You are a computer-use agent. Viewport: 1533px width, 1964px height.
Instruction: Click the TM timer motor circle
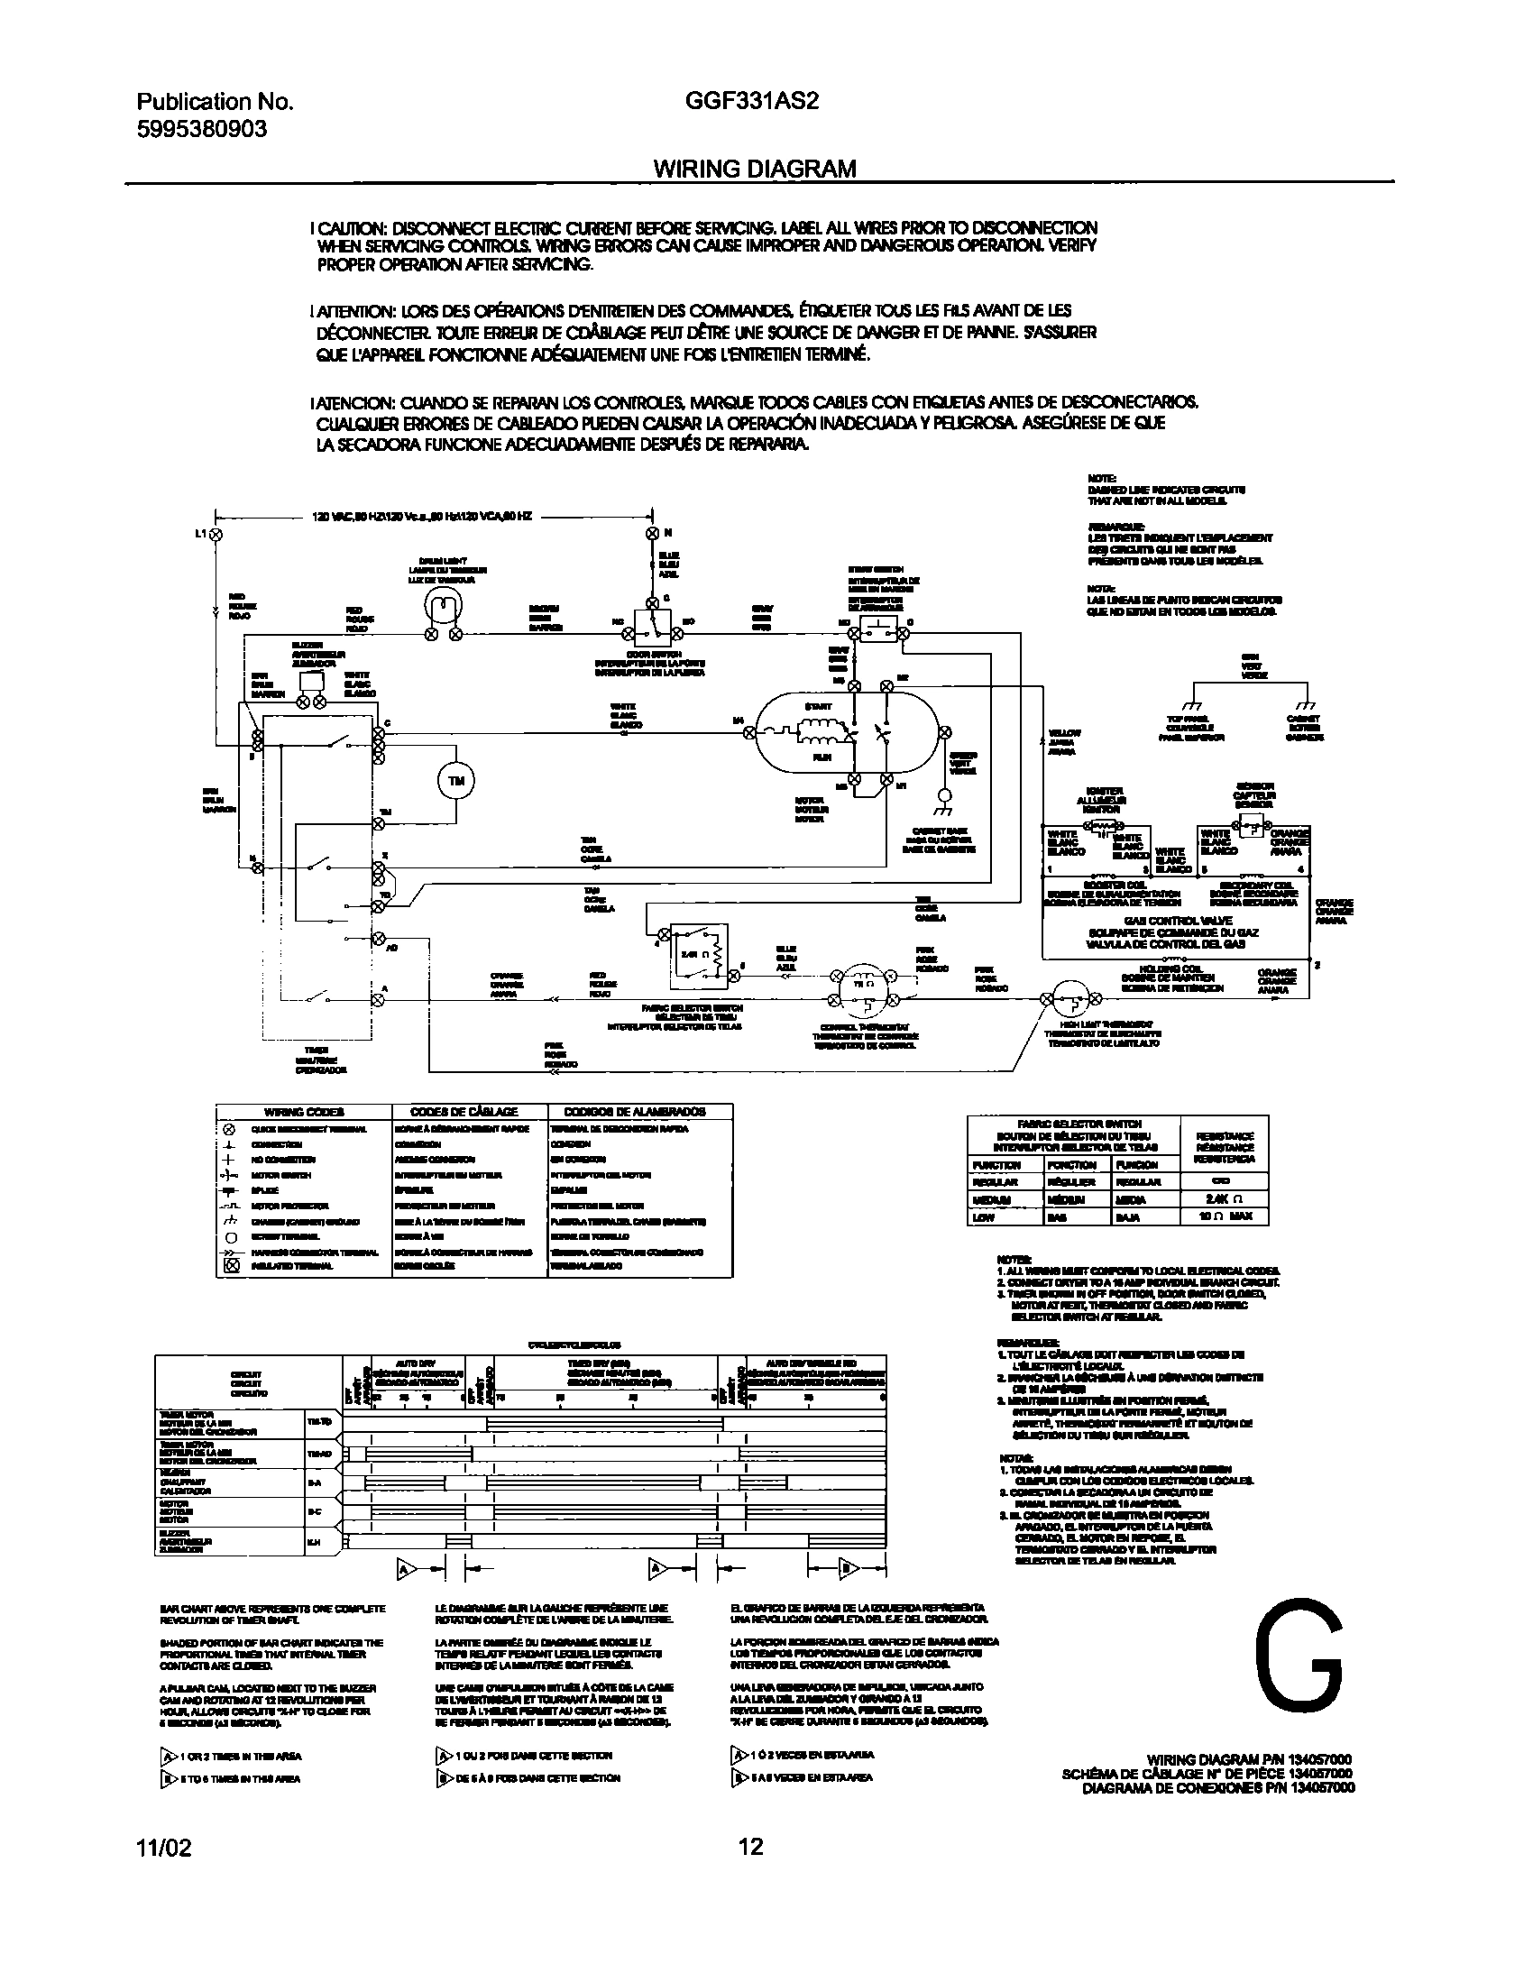(456, 782)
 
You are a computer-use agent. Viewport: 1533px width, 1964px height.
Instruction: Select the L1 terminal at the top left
(216, 534)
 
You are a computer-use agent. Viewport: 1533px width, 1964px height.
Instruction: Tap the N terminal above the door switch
(653, 533)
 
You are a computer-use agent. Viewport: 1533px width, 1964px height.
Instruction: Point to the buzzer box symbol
(312, 681)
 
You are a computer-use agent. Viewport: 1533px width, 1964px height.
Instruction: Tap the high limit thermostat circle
(1072, 998)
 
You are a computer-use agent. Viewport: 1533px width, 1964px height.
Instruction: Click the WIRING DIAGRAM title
(754, 169)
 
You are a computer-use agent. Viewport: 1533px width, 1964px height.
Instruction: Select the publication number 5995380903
(202, 129)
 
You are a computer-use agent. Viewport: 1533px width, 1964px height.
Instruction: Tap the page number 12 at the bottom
(750, 1848)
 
